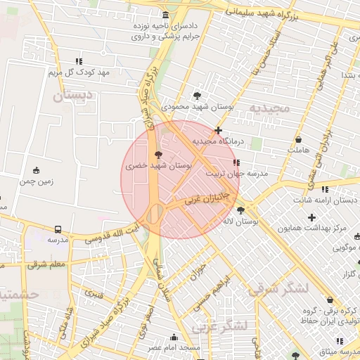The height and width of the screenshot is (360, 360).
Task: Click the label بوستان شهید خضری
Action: tap(159, 166)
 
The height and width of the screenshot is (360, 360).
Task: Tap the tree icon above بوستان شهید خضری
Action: tap(159, 154)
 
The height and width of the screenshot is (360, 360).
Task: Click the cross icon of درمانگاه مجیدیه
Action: tap(219, 130)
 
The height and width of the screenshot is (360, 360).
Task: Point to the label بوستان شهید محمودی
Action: tap(197, 107)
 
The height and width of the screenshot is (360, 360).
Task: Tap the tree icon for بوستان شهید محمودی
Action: tap(197, 96)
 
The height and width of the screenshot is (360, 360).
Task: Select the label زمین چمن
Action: tap(36, 181)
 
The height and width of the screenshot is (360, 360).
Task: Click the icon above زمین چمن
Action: tap(36, 170)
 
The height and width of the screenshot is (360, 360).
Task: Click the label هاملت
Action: tap(299, 150)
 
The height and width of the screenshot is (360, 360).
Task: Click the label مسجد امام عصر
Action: tap(174, 348)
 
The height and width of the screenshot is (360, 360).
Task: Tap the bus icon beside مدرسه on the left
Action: tap(57, 229)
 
